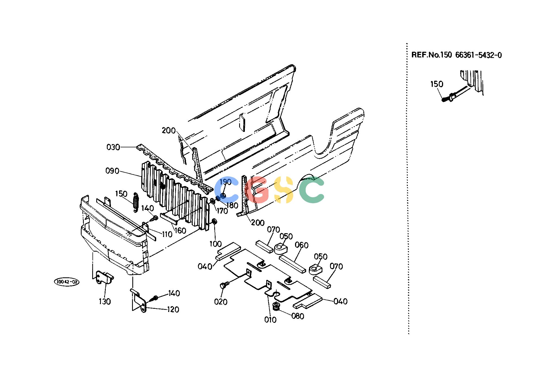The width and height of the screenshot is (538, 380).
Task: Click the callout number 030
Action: (113, 147)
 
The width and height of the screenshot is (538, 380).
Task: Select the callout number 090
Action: (112, 171)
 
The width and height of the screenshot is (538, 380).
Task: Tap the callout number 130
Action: (105, 301)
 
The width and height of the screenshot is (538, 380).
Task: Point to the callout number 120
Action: (173, 309)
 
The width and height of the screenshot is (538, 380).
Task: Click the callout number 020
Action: (221, 302)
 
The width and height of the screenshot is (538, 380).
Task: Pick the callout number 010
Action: (270, 320)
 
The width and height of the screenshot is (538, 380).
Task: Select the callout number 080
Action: (297, 316)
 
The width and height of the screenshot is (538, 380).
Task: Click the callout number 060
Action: (302, 245)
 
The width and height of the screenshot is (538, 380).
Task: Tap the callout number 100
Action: (216, 244)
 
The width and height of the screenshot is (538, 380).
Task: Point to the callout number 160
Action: (180, 230)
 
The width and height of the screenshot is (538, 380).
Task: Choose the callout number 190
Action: (225, 182)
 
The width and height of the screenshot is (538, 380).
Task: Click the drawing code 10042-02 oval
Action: (67, 282)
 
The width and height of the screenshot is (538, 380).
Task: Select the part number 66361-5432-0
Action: (478, 55)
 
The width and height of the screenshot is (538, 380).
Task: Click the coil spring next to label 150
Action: (136, 202)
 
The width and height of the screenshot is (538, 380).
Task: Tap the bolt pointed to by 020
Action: (224, 285)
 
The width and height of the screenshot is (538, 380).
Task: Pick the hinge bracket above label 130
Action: (105, 278)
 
